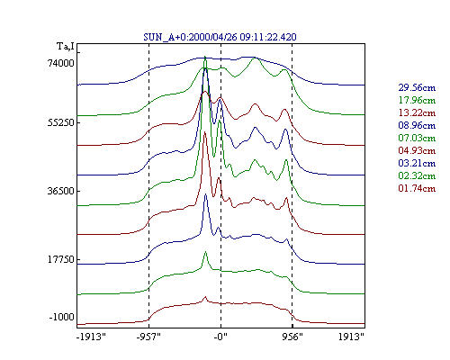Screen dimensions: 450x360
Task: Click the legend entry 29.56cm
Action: pyautogui.click(x=417, y=87)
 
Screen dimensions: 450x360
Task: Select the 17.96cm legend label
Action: pyautogui.click(x=417, y=100)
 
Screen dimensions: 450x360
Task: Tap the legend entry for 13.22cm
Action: pyautogui.click(x=417, y=112)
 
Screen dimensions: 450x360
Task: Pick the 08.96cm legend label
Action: pyautogui.click(x=417, y=125)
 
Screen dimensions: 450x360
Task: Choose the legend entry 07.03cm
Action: pyautogui.click(x=417, y=138)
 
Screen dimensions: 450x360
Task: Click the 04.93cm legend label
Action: pyautogui.click(x=417, y=150)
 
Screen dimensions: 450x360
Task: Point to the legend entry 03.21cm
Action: pyautogui.click(x=417, y=163)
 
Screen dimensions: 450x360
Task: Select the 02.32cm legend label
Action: pyautogui.click(x=417, y=175)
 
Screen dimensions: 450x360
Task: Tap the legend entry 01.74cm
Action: pyautogui.click(x=417, y=188)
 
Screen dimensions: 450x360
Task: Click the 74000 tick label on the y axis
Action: pyautogui.click(x=61, y=63)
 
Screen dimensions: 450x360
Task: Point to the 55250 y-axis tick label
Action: pyautogui.click(x=61, y=122)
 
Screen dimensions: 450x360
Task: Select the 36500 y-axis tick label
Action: pyautogui.click(x=61, y=191)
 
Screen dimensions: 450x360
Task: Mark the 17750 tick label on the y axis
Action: pyautogui.click(x=61, y=259)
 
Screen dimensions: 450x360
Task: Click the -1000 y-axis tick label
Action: pyautogui.click(x=62, y=317)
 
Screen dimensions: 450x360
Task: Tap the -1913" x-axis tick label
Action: pyautogui.click(x=91, y=337)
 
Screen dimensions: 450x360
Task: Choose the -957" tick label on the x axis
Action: pyautogui.click(x=148, y=337)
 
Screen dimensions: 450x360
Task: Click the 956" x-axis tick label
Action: pyautogui.click(x=292, y=337)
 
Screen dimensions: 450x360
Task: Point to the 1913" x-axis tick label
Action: pyautogui.click(x=351, y=337)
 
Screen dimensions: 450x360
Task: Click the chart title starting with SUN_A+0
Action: pyautogui.click(x=220, y=37)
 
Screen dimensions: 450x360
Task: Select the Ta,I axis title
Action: pyautogui.click(x=66, y=47)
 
